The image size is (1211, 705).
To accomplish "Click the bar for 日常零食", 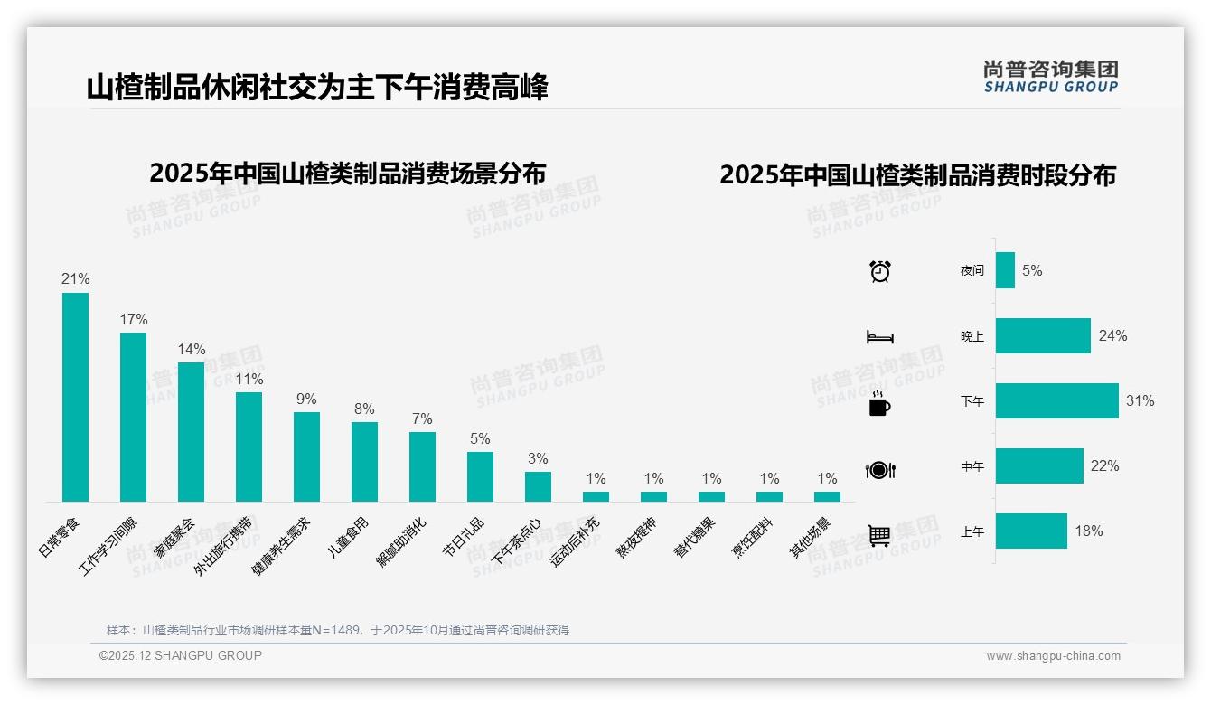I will click(x=75, y=397).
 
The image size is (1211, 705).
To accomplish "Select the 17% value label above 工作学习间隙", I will click(x=133, y=320).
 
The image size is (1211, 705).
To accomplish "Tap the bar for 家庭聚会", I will click(x=191, y=432).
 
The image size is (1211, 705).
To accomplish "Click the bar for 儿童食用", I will click(x=364, y=462).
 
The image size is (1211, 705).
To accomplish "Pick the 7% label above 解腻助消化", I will click(x=422, y=419).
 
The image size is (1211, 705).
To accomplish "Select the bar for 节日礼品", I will click(x=480, y=476).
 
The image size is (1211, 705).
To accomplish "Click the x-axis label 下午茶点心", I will click(x=517, y=541).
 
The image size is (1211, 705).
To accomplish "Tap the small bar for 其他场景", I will click(x=827, y=496).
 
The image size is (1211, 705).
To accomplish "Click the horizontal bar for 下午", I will click(x=1056, y=400).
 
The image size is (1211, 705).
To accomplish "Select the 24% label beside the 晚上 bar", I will click(x=1112, y=336).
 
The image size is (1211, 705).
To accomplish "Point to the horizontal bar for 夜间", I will click(x=1005, y=270).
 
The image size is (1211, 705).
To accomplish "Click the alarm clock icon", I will click(x=879, y=271).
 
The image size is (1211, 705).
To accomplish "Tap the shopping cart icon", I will click(x=879, y=535).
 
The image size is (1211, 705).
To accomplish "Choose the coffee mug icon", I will click(x=879, y=404).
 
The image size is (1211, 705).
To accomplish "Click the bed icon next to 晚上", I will click(x=879, y=337).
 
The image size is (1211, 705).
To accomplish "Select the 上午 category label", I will click(x=972, y=532).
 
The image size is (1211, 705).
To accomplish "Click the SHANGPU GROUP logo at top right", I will click(x=1050, y=77).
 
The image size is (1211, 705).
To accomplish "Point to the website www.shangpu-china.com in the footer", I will click(x=1053, y=656).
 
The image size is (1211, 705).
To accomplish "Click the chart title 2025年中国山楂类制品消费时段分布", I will click(x=917, y=175).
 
